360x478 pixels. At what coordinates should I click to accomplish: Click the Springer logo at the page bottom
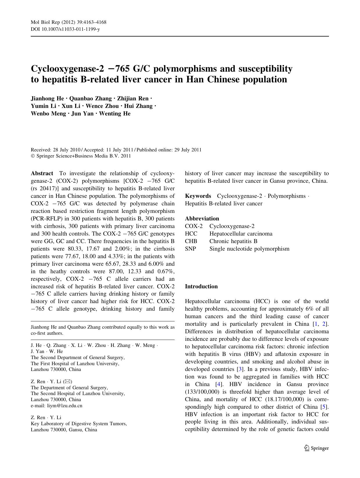coord(316,448)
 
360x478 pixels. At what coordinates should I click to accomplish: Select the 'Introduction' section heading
coord(201,287)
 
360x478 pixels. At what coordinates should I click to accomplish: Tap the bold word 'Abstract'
coord(42,173)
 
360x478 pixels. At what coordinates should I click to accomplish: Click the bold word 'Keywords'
coord(198,196)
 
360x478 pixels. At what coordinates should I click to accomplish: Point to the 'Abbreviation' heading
coord(202,219)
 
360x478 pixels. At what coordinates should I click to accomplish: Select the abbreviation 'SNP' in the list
coord(191,249)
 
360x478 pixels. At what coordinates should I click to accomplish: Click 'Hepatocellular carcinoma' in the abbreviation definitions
coord(241,234)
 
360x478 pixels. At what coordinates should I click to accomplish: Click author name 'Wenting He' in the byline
coord(115,114)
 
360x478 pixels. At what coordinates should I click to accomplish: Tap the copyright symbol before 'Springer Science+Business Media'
coord(33,156)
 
